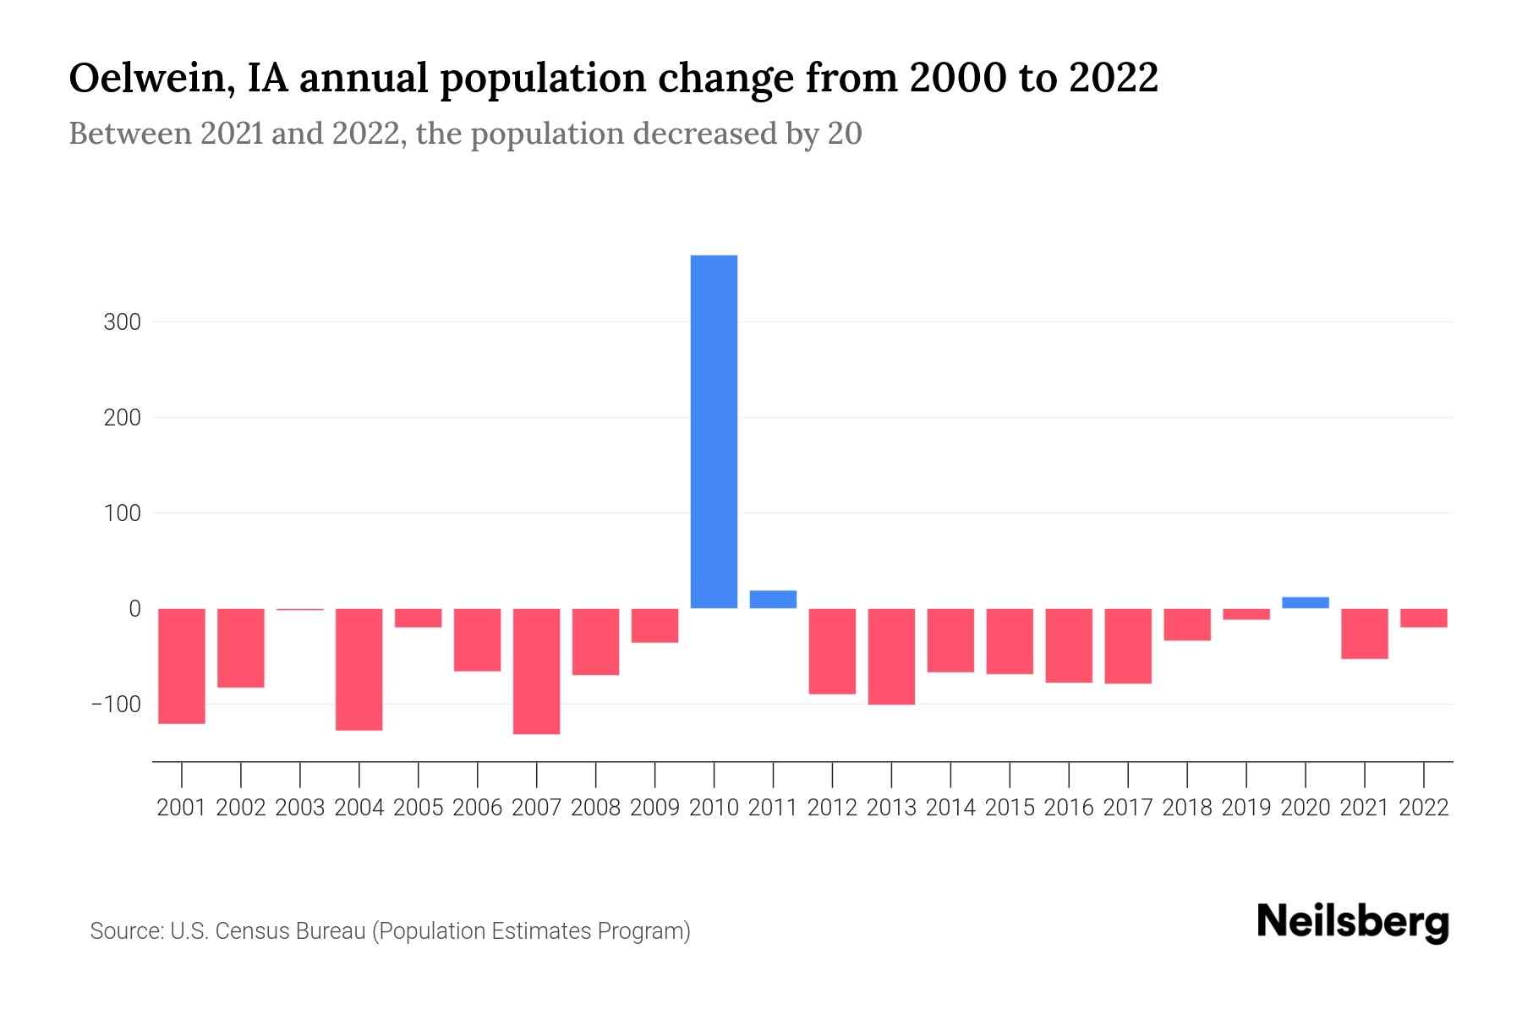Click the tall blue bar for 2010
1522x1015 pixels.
click(714, 431)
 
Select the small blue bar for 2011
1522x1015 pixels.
click(773, 600)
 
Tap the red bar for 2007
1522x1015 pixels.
click(536, 671)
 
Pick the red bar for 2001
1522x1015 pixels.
click(182, 666)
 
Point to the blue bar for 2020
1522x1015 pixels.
click(1305, 603)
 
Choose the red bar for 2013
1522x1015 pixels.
click(891, 656)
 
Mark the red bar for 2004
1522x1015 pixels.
click(359, 669)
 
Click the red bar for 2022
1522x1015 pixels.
click(1424, 618)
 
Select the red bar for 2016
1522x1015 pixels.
click(1069, 645)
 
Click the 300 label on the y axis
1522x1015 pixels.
click(123, 322)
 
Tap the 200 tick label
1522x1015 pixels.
click(123, 418)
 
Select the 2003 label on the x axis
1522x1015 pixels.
click(300, 808)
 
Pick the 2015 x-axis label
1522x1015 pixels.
click(1010, 808)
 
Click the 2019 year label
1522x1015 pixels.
click(1246, 808)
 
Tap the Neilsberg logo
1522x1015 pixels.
click(1353, 923)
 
